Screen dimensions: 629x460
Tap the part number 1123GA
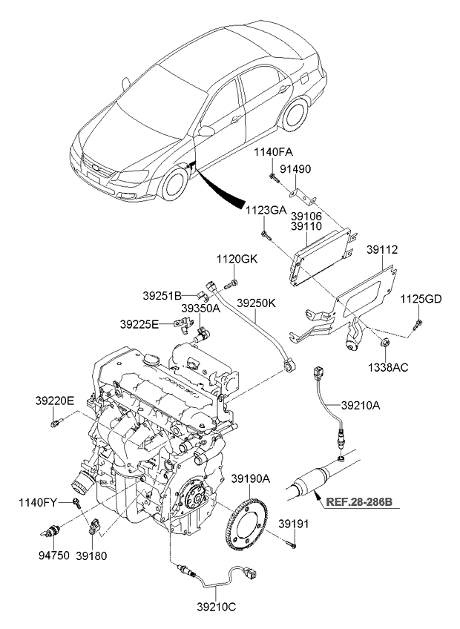point(266,210)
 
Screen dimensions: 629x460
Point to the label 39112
point(381,251)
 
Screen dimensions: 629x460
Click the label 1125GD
point(421,299)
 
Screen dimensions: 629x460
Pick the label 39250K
point(257,303)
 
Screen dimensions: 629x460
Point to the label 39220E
point(54,401)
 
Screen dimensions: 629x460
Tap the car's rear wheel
point(296,112)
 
